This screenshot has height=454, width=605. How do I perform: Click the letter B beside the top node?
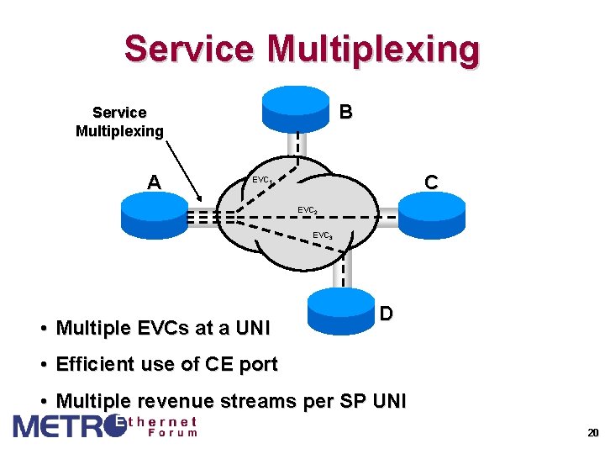345,112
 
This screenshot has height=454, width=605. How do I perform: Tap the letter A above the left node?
154,182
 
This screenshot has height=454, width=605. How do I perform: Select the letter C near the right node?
431,182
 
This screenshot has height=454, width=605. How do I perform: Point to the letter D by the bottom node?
386,314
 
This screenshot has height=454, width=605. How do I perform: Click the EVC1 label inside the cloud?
261,180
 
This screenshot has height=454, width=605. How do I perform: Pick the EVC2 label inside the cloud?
308,210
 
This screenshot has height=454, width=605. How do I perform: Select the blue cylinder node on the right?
430,215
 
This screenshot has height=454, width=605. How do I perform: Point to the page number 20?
592,433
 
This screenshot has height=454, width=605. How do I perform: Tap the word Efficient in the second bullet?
95,364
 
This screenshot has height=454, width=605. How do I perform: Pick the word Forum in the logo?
173,433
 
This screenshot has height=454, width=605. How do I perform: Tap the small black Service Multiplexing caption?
119,122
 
